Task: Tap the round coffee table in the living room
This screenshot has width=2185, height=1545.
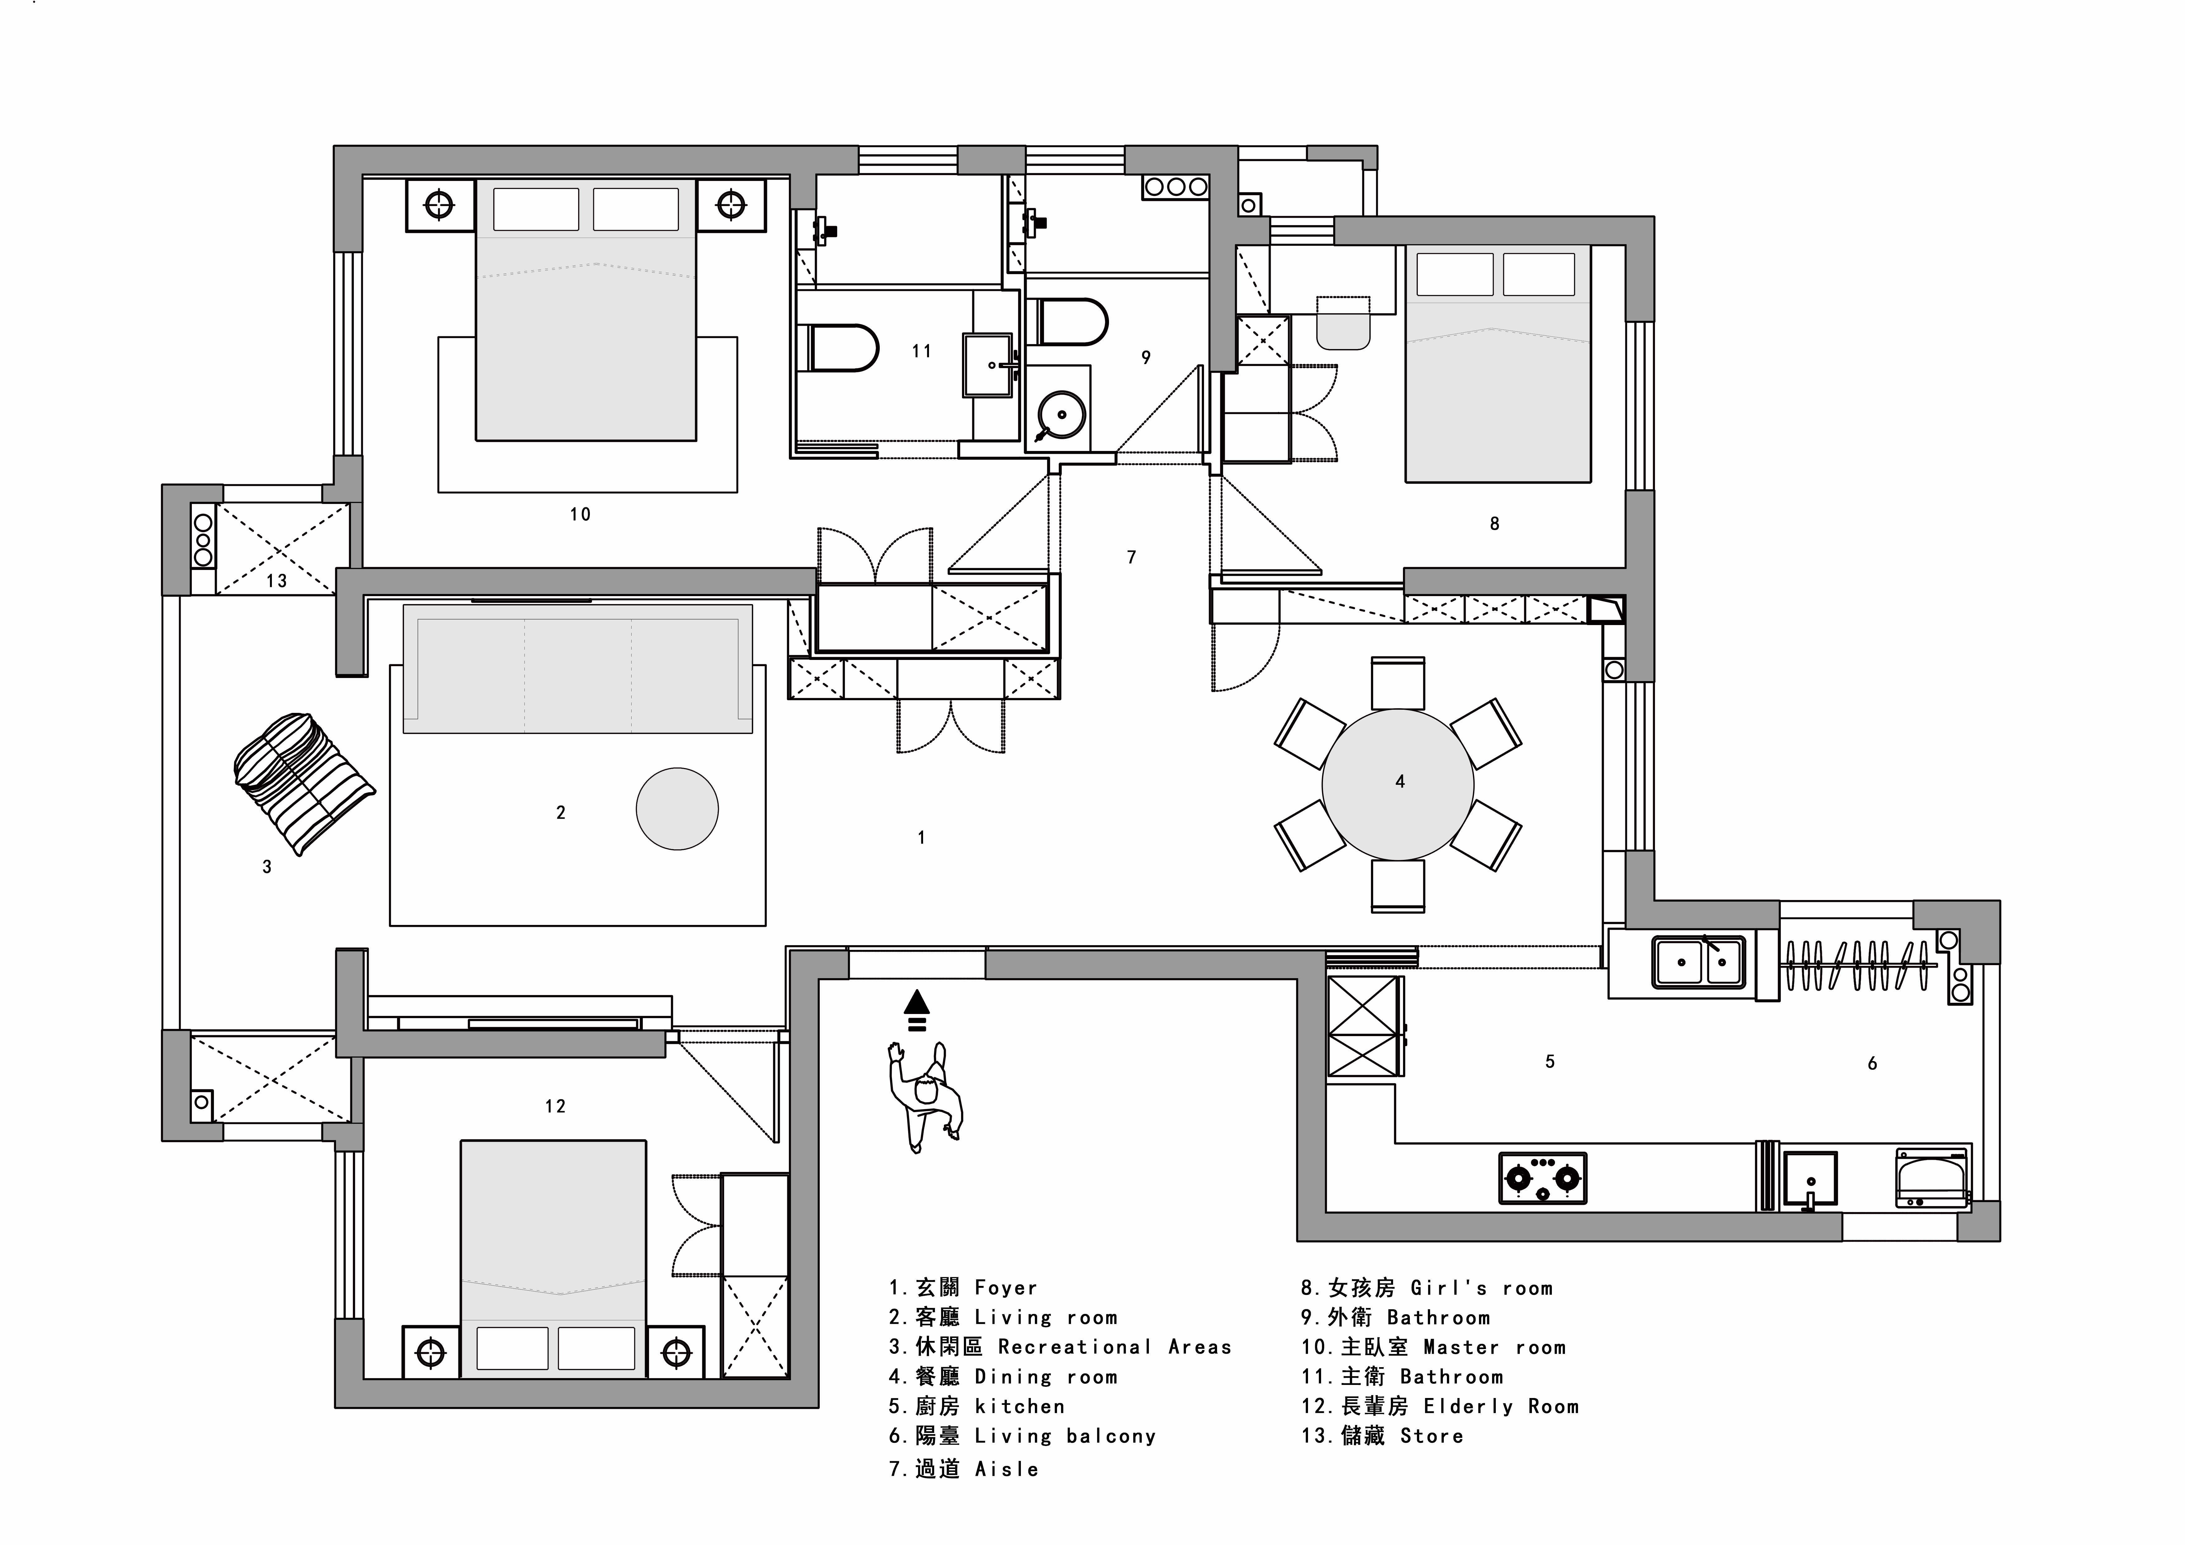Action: [677, 809]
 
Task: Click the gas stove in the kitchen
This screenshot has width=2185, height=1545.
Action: [1543, 1178]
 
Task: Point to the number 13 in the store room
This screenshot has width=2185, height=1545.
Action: [276, 581]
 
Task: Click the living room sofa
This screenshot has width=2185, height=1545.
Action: [578, 668]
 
